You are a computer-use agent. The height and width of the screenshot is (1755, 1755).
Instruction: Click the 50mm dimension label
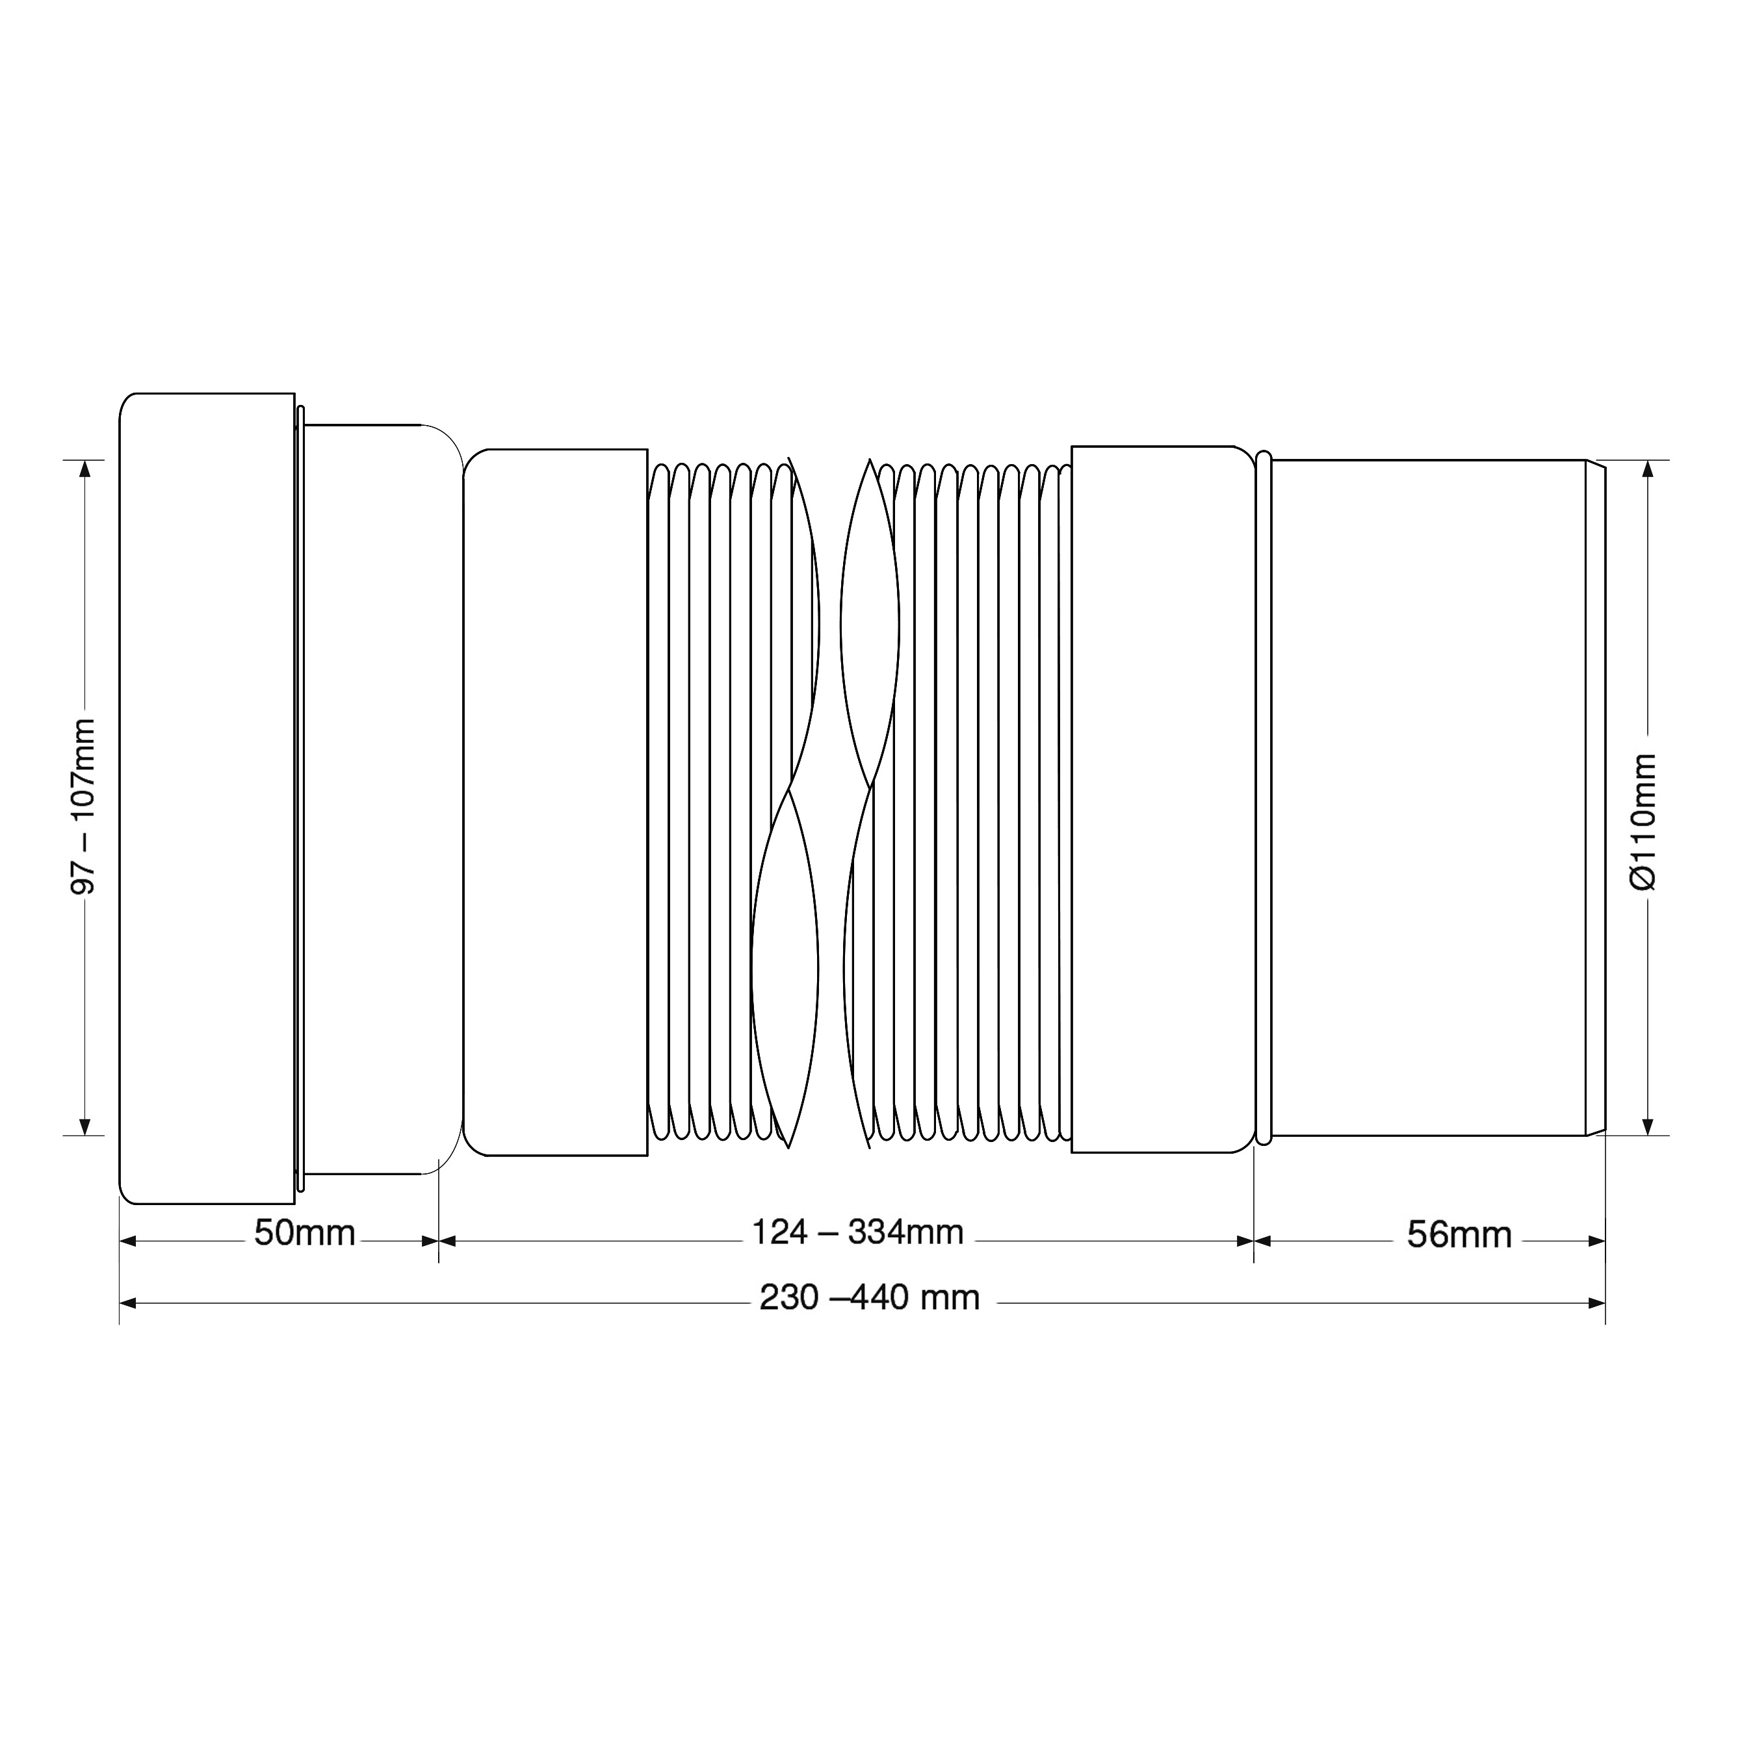pos(304,1234)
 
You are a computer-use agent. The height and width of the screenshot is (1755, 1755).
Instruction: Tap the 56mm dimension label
pos(1459,1236)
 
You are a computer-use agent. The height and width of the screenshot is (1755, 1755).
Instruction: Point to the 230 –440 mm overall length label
pos(869,1298)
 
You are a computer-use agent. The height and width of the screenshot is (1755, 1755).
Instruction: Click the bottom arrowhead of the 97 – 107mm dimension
pos(84,1126)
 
